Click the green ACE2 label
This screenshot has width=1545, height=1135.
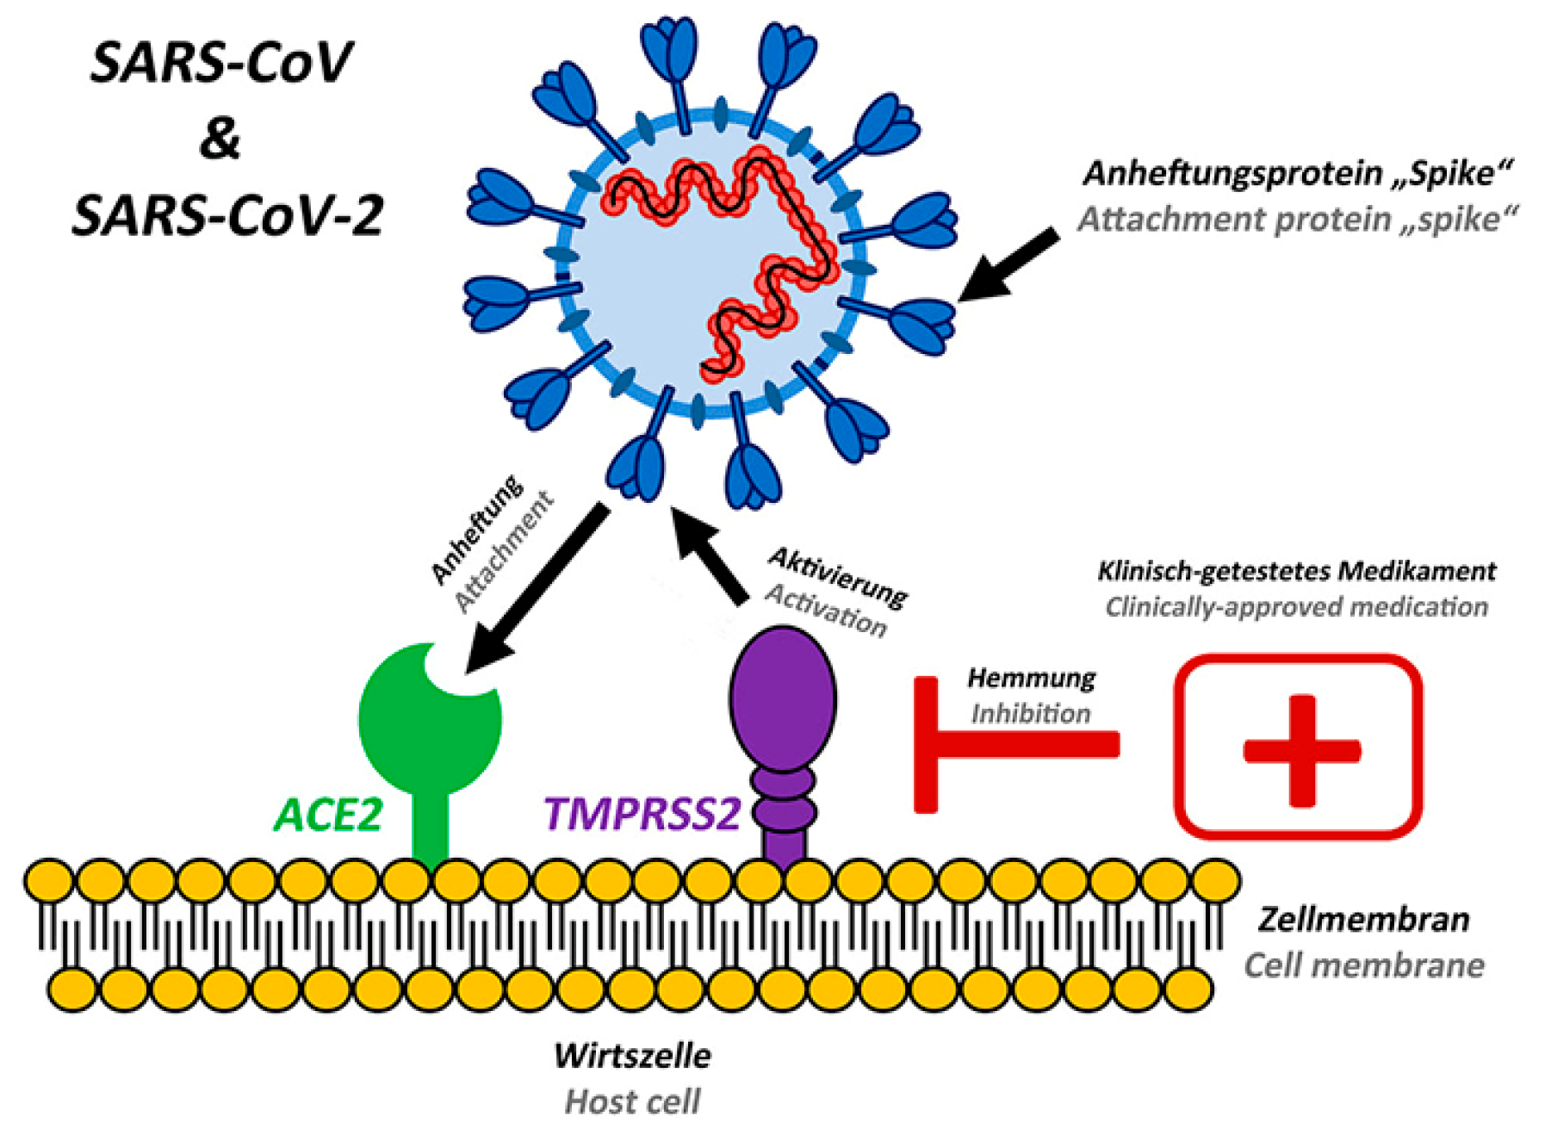pos(328,814)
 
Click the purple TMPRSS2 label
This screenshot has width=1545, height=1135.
pos(642,814)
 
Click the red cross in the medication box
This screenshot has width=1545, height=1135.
pos(1301,750)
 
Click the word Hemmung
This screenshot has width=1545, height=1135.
pos(1031,679)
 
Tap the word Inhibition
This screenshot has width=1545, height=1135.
pos(1031,714)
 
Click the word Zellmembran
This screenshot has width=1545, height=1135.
pos(1363,920)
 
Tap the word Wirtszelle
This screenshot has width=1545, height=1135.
pos(632,1056)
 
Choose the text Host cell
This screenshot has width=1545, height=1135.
pos(632,1101)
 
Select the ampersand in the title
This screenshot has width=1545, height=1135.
pos(220,138)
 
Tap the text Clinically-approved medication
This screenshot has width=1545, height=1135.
pos(1296,607)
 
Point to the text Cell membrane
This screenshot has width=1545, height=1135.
pos(1363,965)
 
